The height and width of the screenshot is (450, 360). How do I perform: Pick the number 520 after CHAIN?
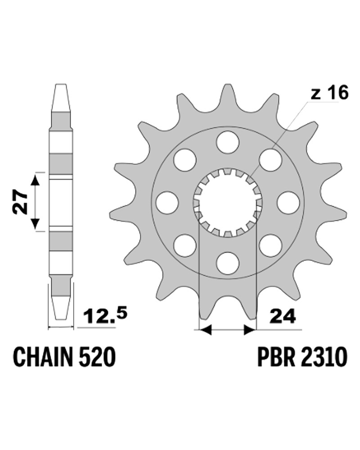coord(97,358)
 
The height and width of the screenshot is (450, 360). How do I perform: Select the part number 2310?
coord(324,358)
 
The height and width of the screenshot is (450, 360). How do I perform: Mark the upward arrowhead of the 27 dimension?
coord(35,180)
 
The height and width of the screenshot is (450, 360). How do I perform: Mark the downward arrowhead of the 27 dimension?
coord(35,224)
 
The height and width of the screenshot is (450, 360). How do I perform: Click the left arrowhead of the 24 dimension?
coord(206,330)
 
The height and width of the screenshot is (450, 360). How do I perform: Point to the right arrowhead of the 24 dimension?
coord(249,330)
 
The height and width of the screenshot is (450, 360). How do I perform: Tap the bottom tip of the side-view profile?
coord(60,319)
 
